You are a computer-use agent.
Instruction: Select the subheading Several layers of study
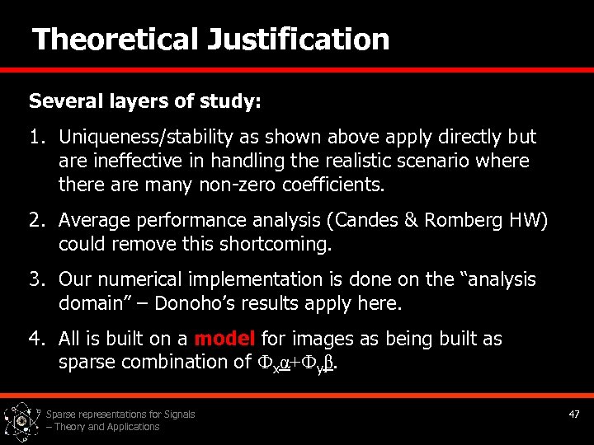tap(145, 101)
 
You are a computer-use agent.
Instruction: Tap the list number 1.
tap(36, 137)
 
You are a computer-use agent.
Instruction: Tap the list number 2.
tap(36, 221)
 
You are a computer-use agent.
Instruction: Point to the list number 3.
tap(36, 280)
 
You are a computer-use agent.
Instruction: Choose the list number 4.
tap(36, 340)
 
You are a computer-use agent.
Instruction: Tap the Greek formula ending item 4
tap(299, 363)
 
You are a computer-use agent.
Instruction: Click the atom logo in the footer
tap(21, 419)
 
